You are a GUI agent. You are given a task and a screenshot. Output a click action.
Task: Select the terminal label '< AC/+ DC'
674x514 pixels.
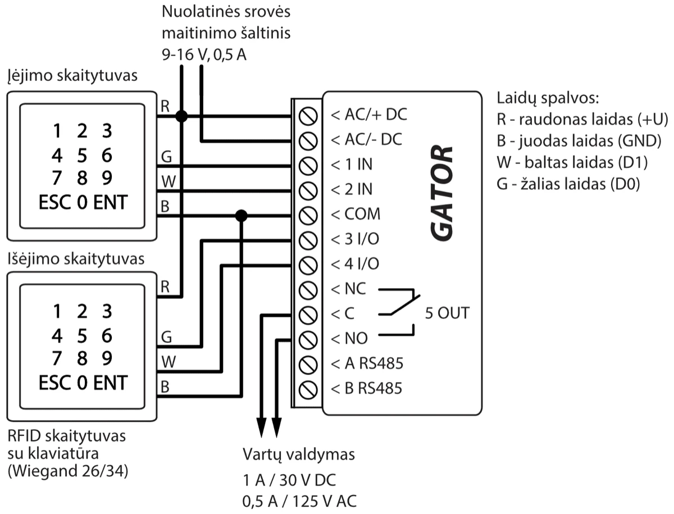368,116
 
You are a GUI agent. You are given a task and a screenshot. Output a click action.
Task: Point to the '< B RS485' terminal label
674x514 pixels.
366,388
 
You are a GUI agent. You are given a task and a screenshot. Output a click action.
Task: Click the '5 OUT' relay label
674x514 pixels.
447,313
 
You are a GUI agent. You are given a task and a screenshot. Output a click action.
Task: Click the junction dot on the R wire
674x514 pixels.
181,116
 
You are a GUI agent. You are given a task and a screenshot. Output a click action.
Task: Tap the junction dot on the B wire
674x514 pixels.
241,215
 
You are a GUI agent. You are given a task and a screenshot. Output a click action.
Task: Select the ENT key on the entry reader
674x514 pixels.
110,202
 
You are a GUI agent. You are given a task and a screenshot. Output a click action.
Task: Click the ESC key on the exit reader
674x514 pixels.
56,383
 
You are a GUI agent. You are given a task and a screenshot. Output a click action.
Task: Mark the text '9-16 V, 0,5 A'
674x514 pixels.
204,55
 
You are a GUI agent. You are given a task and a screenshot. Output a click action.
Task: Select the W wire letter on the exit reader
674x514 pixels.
165,361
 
